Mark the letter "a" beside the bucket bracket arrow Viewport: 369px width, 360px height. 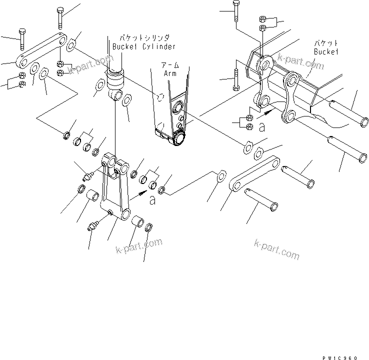[x=262, y=128]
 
